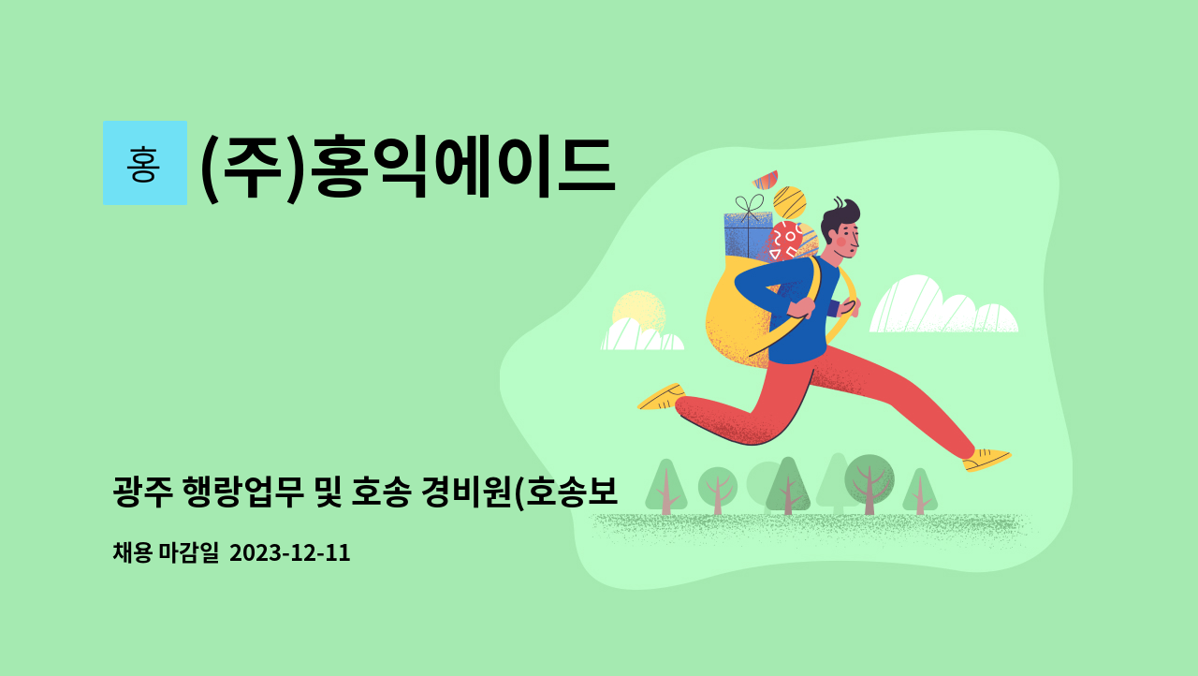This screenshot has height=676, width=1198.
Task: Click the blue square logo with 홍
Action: click(x=144, y=163)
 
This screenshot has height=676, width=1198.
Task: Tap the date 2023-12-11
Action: click(x=289, y=553)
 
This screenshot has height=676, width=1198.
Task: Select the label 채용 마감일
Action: click(x=165, y=553)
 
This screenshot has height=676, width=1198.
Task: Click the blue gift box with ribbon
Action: click(x=747, y=234)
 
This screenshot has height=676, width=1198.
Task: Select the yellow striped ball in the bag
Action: click(x=790, y=202)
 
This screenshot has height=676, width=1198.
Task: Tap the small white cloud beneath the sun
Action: click(x=640, y=335)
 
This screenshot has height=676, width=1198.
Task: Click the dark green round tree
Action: click(x=869, y=478)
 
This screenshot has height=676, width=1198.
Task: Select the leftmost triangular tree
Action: click(x=665, y=485)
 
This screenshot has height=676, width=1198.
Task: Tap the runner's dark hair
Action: click(x=840, y=212)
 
